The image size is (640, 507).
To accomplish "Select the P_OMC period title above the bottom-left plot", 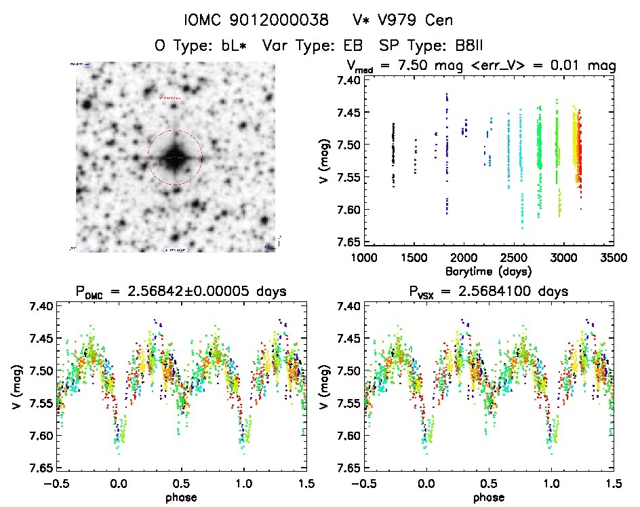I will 182,292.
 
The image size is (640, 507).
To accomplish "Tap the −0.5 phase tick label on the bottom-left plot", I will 54,483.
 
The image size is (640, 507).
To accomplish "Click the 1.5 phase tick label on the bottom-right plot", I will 613,483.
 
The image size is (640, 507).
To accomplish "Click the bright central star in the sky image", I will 175,157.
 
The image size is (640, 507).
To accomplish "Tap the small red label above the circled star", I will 169,98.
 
